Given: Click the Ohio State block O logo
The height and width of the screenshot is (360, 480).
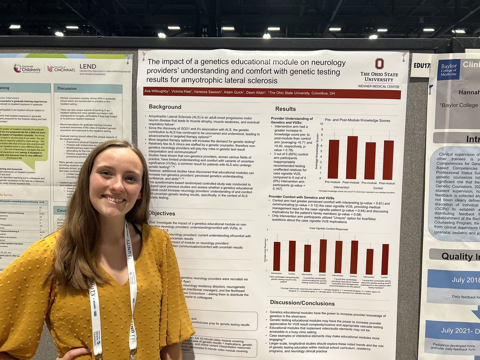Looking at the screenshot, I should click(379, 64).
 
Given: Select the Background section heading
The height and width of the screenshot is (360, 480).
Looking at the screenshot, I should click(165, 107).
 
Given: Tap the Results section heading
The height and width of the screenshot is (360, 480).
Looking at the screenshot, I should click(286, 109).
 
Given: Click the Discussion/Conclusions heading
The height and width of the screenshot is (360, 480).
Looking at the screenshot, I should click(302, 302).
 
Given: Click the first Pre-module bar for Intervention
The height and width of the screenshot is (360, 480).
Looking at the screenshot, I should click(333, 159).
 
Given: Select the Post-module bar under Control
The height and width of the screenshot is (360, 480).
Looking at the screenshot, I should click(388, 160).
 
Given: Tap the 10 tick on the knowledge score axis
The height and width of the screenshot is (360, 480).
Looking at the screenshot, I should click(321, 124).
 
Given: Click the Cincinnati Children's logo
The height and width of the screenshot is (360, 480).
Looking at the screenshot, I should click(27, 68).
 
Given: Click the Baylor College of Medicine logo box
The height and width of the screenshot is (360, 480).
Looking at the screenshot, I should click(448, 70).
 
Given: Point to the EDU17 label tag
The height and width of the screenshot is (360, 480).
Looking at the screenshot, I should click(420, 65).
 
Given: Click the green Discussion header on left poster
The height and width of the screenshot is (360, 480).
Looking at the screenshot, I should click(67, 88).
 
